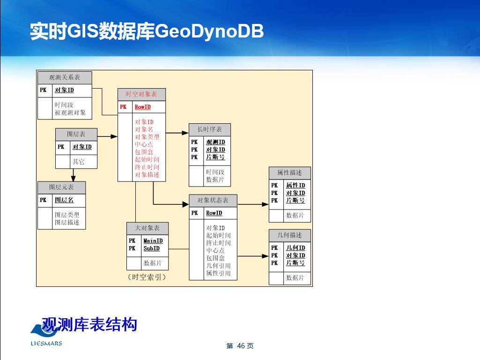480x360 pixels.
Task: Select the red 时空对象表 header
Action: pyautogui.click(x=141, y=94)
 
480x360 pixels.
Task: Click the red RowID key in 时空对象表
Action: pyautogui.click(x=142, y=107)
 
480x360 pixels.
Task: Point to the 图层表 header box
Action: pyautogui.click(x=76, y=134)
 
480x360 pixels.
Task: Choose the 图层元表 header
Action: pyautogui.click(x=62, y=187)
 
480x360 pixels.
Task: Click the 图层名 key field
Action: pyautogui.click(x=64, y=200)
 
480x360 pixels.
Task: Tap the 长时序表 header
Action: pyautogui.click(x=210, y=129)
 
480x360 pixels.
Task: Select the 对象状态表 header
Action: pyautogui.click(x=213, y=201)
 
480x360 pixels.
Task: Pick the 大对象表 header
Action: pyautogui.click(x=148, y=228)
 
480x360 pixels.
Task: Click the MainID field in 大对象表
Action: pyautogui.click(x=153, y=241)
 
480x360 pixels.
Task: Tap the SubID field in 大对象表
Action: pyautogui.click(x=151, y=248)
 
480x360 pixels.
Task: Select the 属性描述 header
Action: pyautogui.click(x=289, y=173)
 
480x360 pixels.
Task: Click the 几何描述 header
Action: pyautogui.click(x=289, y=235)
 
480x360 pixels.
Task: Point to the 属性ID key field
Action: pyautogui.click(x=295, y=186)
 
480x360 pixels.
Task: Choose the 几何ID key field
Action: pyautogui.click(x=295, y=248)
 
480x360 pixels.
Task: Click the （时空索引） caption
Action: pyautogui.click(x=147, y=277)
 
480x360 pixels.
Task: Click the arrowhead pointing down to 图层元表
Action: pyautogui.click(x=74, y=178)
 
